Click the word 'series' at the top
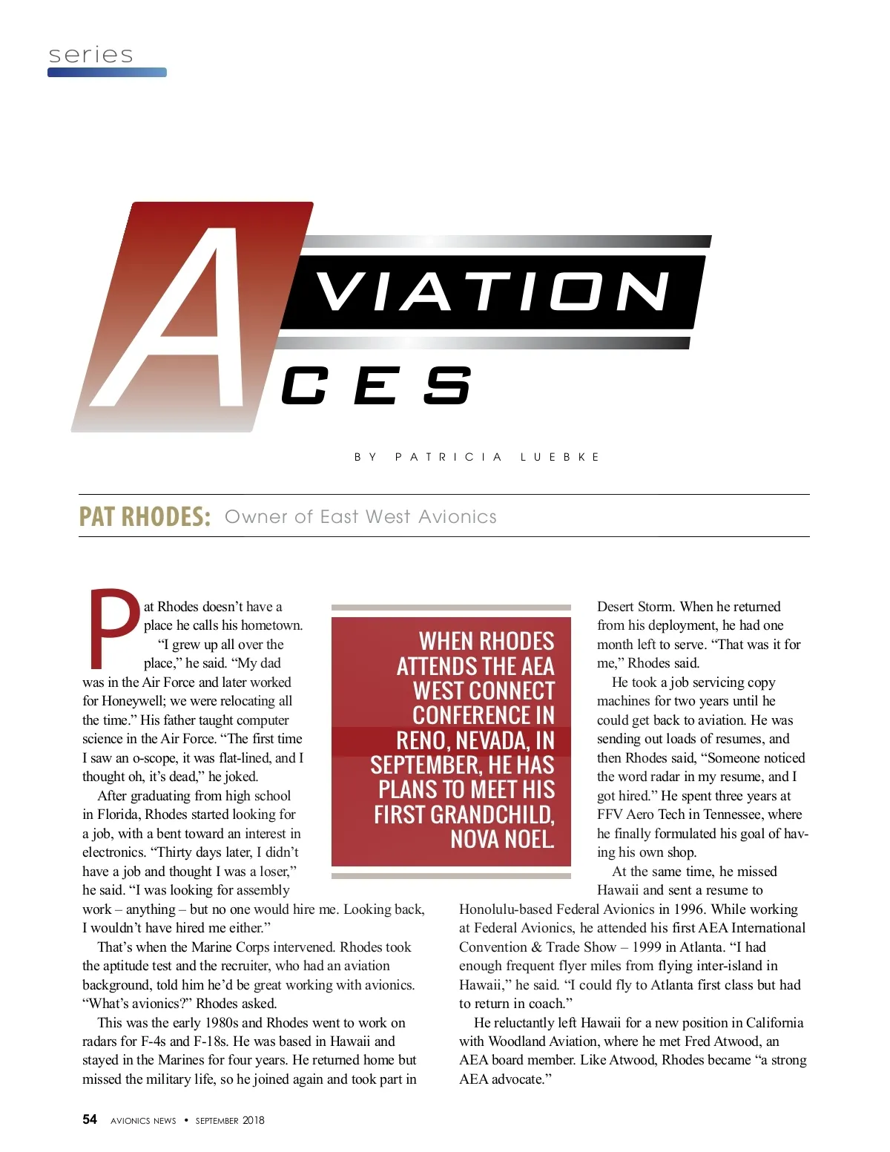(x=90, y=55)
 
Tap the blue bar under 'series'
(x=107, y=73)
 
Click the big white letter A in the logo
(x=185, y=319)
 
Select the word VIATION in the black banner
(x=493, y=291)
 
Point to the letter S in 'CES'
(x=447, y=386)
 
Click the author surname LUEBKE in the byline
(x=560, y=457)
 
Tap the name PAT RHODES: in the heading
(x=145, y=516)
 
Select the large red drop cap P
(x=113, y=628)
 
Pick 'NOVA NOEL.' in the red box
(x=502, y=839)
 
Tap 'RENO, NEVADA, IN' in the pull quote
(x=475, y=740)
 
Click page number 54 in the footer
(x=90, y=1119)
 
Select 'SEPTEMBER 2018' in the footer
(x=230, y=1120)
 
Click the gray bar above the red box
(x=451, y=608)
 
